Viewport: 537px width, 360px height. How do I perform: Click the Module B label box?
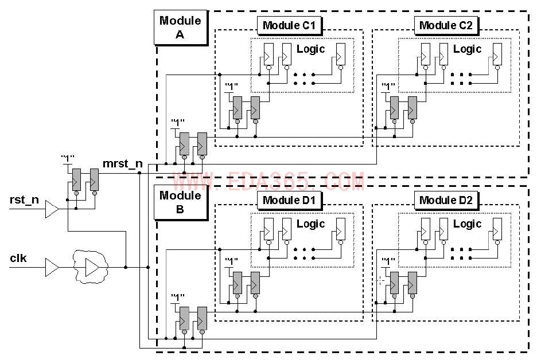click(180, 202)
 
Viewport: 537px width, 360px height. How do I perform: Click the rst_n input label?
click(24, 200)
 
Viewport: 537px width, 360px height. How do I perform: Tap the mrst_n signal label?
click(122, 165)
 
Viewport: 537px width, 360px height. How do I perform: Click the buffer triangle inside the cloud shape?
click(91, 267)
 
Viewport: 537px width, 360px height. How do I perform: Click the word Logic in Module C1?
click(311, 49)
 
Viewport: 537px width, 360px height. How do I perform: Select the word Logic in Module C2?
click(468, 49)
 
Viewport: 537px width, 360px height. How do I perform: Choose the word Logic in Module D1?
click(311, 224)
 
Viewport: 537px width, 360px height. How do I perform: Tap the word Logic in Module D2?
click(468, 224)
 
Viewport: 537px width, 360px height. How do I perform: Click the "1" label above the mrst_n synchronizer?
click(67, 158)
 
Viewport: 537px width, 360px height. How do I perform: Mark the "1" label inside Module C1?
click(232, 87)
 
